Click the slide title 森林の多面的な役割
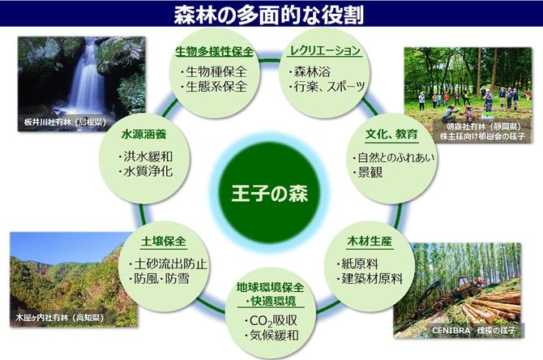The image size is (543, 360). (x=269, y=14)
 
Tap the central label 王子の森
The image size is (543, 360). (x=269, y=193)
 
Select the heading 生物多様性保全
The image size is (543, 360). (x=214, y=52)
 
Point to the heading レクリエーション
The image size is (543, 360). (x=325, y=51)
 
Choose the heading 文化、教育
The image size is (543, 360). (x=391, y=134)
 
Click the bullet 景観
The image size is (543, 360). (x=370, y=172)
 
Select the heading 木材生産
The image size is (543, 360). (x=369, y=241)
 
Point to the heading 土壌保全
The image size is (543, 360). (x=164, y=241)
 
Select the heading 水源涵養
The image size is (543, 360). (x=143, y=134)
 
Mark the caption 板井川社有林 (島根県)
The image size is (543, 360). (x=65, y=122)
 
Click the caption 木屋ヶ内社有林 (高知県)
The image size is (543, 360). (x=59, y=317)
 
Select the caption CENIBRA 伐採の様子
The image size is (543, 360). (x=473, y=330)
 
